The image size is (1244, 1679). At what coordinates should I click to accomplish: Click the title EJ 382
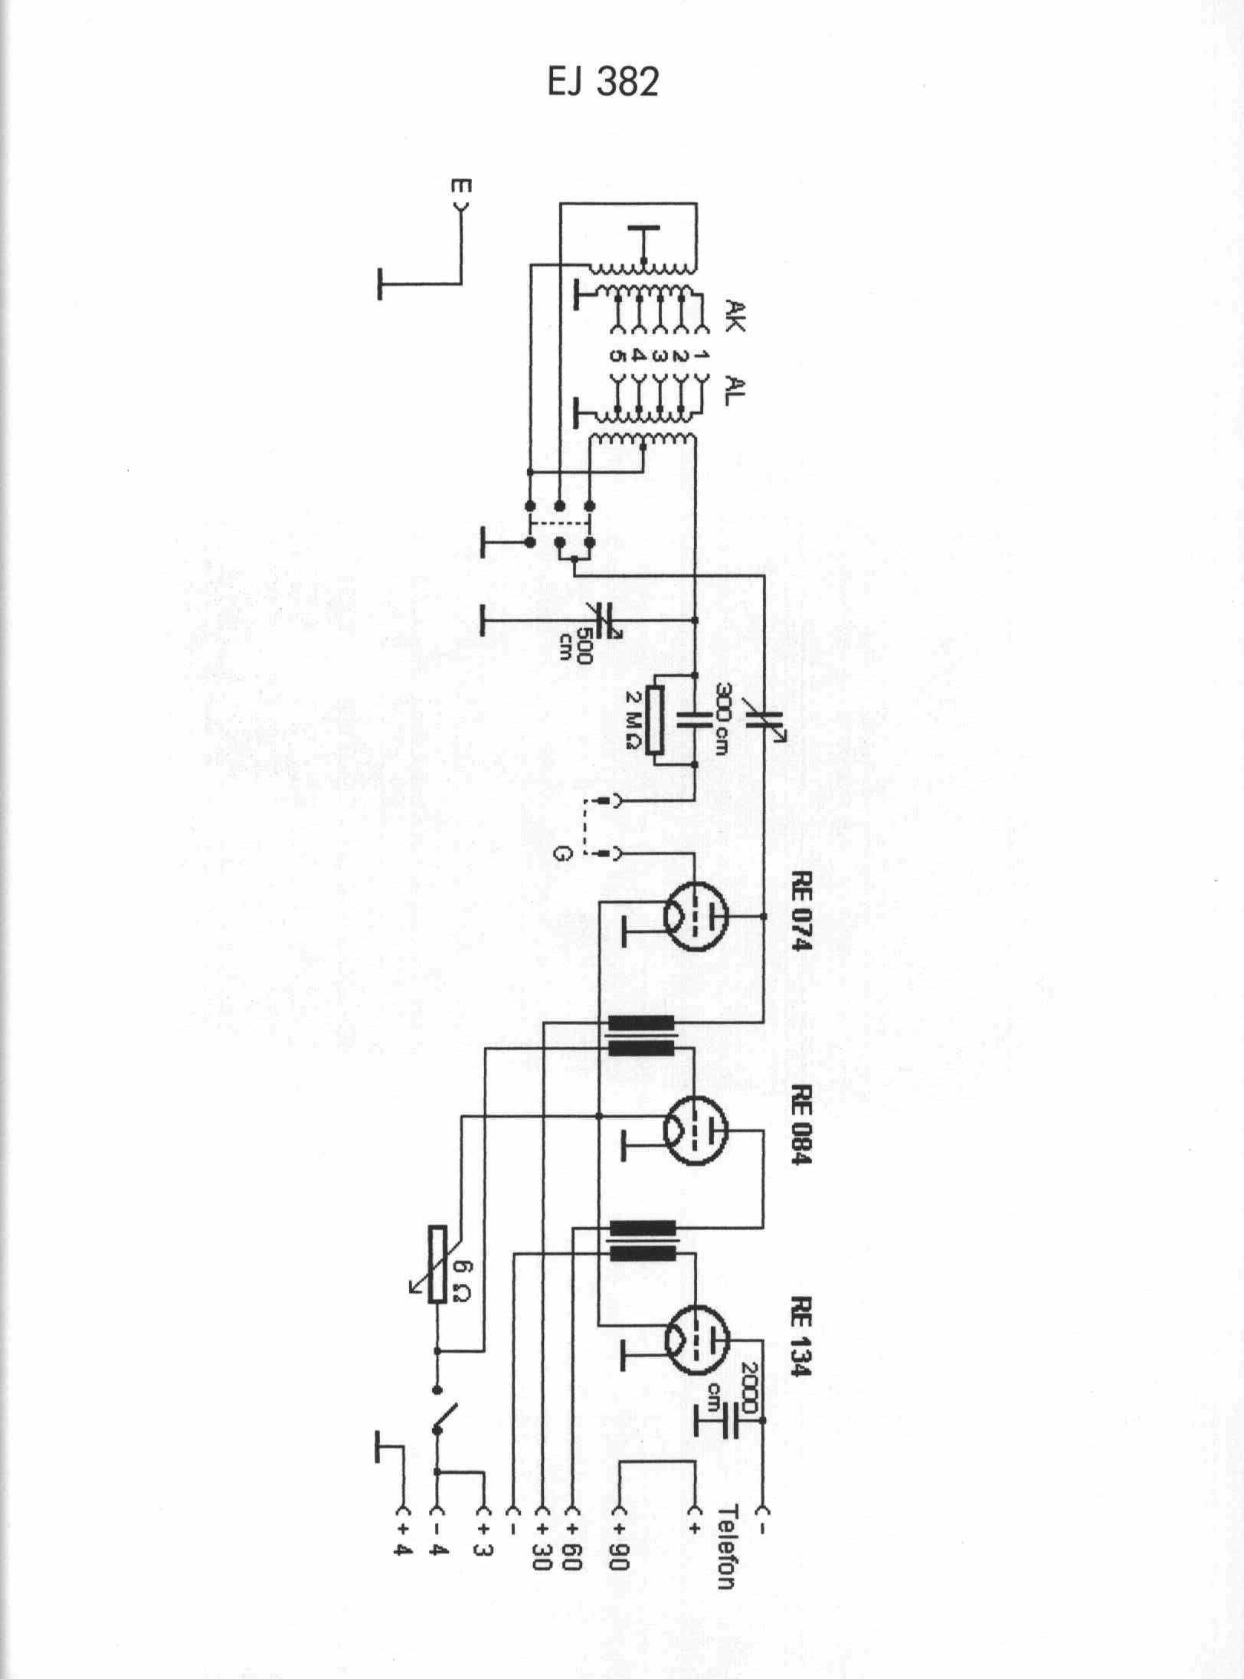[x=603, y=83]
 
